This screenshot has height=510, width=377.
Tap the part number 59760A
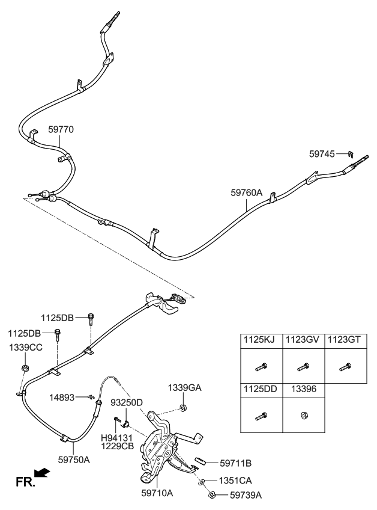tap(247, 193)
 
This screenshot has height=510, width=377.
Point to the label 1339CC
tap(25, 348)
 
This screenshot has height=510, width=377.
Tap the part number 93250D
tap(126, 402)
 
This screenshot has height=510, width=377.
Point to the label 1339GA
tap(185, 388)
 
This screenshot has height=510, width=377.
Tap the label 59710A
tap(157, 493)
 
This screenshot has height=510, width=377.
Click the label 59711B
tap(235, 463)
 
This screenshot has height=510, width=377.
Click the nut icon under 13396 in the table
tap(303, 415)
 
